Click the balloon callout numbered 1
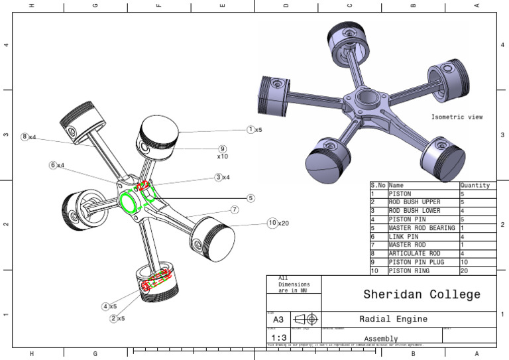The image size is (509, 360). point(251,129)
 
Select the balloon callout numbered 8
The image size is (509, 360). point(25,137)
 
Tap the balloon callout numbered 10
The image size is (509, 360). point(272,223)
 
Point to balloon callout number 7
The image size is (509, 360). point(235,210)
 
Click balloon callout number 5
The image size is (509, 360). point(251,198)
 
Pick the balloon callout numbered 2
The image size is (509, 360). point(113,318)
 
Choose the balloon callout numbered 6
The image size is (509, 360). point(52,164)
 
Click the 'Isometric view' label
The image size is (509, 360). point(457,117)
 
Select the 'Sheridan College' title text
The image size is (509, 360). point(422,294)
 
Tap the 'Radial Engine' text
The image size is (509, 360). point(393,319)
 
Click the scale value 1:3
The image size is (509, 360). point(278,337)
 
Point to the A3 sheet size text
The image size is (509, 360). point(278,320)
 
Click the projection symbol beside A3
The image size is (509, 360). point(306,320)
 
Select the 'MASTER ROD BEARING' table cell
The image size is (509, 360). point(422,228)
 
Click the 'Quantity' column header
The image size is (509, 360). point(475,186)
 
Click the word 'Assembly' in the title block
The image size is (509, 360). point(380,338)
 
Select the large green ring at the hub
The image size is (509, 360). point(129,202)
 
